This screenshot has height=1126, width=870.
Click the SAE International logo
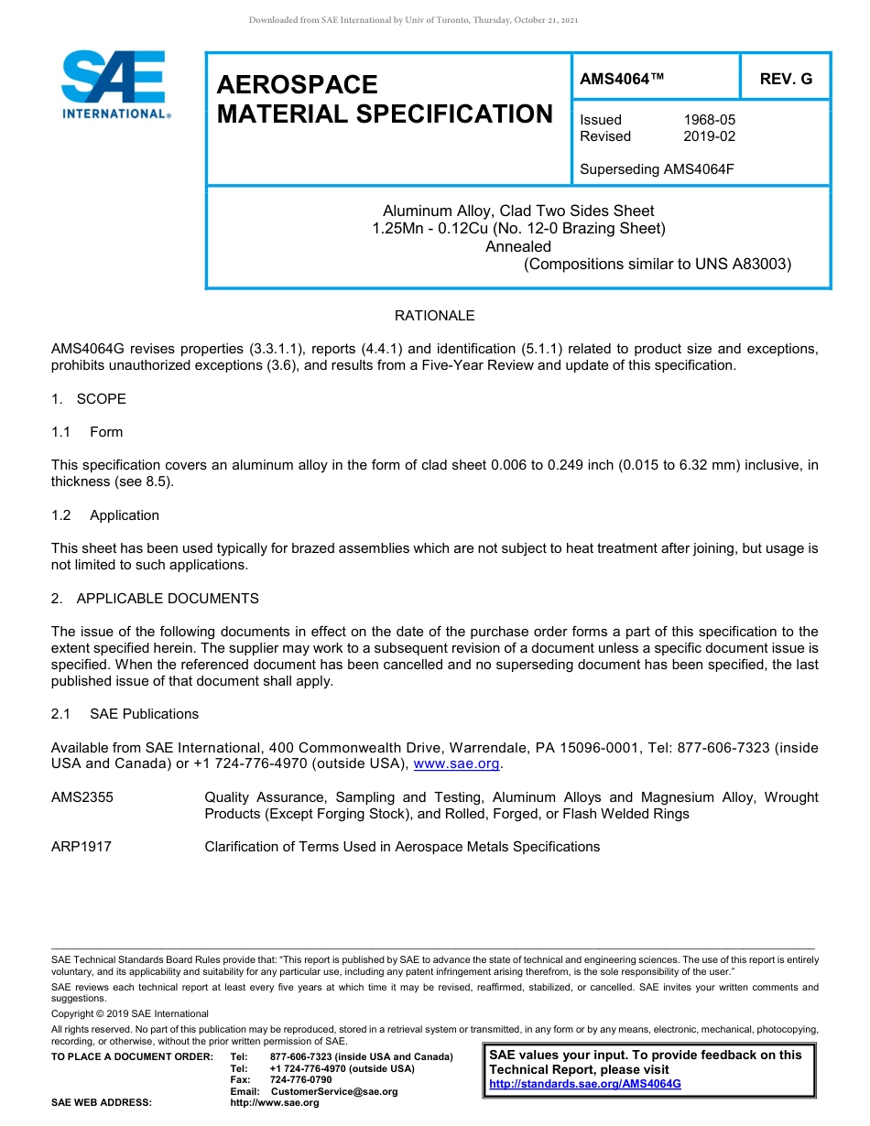point(114,84)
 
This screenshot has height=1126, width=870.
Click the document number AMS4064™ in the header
point(622,80)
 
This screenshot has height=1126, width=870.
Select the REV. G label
point(786,80)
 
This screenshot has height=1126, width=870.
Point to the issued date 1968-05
point(709,120)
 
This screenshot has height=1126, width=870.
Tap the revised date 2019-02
point(709,136)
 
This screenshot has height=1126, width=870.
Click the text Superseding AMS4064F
point(658,169)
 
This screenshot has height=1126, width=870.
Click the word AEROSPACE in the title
point(297,85)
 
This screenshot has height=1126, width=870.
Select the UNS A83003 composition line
point(657,265)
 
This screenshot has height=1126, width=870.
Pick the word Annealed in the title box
point(518,246)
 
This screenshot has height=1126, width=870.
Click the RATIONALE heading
point(434,316)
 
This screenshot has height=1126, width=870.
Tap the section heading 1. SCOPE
point(89,399)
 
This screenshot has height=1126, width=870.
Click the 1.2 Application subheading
point(105,515)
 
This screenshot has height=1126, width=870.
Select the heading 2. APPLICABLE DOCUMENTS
point(155,599)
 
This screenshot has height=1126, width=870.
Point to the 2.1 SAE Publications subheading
point(125,714)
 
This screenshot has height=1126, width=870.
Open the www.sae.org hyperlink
point(457,764)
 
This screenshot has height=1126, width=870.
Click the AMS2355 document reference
point(82,797)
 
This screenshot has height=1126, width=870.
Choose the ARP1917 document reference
point(82,847)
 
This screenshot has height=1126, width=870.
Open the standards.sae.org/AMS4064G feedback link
point(585,1084)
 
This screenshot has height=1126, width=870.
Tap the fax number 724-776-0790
point(301,1080)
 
